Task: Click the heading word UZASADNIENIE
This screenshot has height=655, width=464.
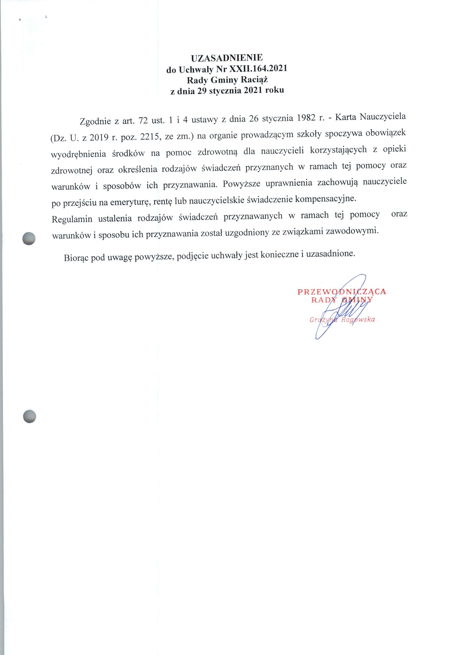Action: (227, 58)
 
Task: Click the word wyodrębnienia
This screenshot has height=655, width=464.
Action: (79, 154)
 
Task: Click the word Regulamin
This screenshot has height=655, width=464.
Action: (72, 219)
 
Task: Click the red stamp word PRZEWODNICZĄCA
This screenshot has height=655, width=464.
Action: (342, 291)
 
